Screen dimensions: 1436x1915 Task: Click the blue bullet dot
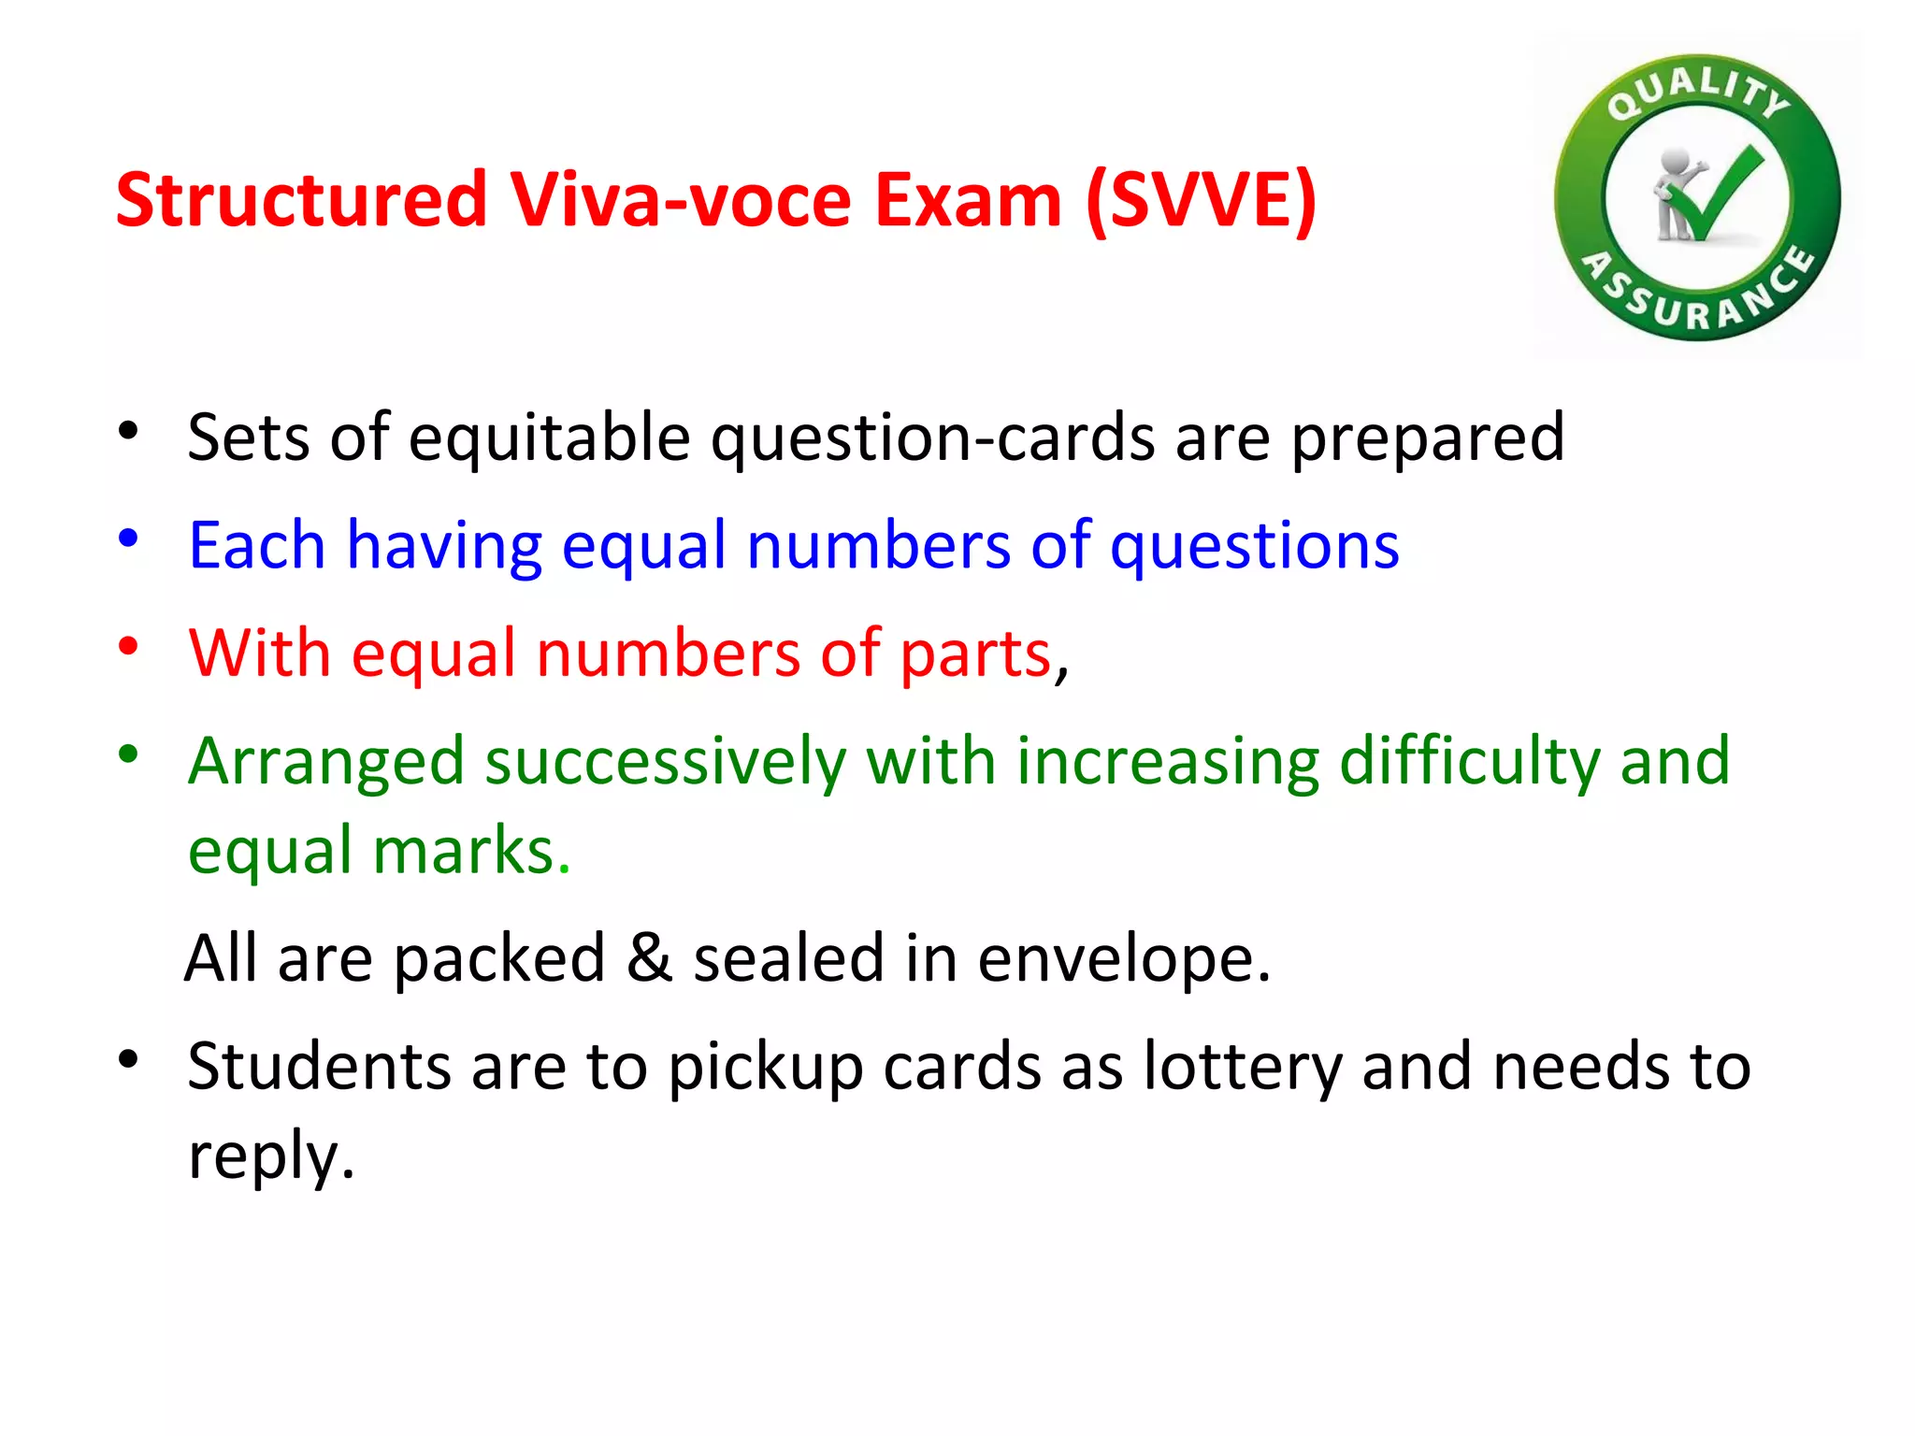(x=128, y=538)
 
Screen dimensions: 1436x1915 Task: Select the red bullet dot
(x=128, y=646)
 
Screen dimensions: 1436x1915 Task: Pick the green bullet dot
(x=128, y=754)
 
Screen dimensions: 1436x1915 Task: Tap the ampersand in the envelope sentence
(x=649, y=957)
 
